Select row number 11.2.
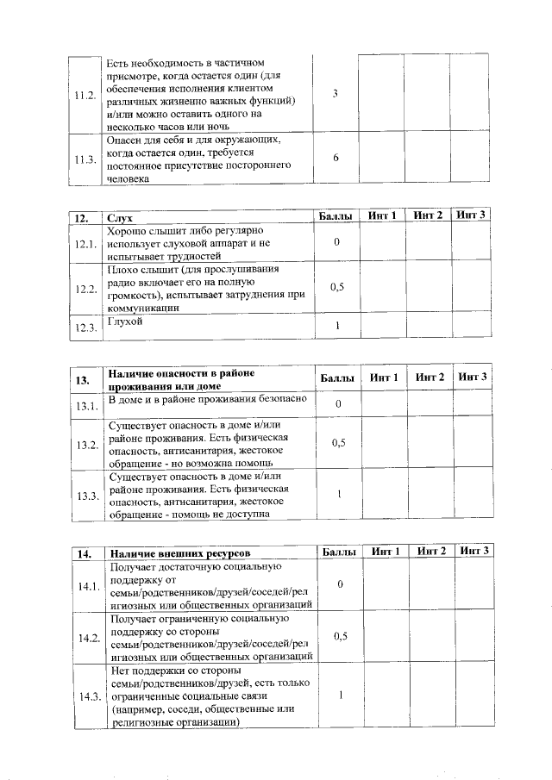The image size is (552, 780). (x=85, y=95)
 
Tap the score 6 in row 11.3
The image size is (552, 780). (x=336, y=159)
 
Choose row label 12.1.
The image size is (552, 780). (x=85, y=244)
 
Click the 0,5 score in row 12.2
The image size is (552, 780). (x=338, y=287)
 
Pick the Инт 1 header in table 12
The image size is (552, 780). (x=382, y=215)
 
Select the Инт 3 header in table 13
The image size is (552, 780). (x=472, y=378)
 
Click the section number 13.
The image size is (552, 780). (x=84, y=380)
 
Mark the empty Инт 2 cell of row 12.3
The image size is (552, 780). (x=427, y=326)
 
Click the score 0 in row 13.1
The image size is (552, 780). (x=338, y=403)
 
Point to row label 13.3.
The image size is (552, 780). (x=85, y=497)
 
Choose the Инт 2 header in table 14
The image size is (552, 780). (x=430, y=551)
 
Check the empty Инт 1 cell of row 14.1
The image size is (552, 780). (x=384, y=585)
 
